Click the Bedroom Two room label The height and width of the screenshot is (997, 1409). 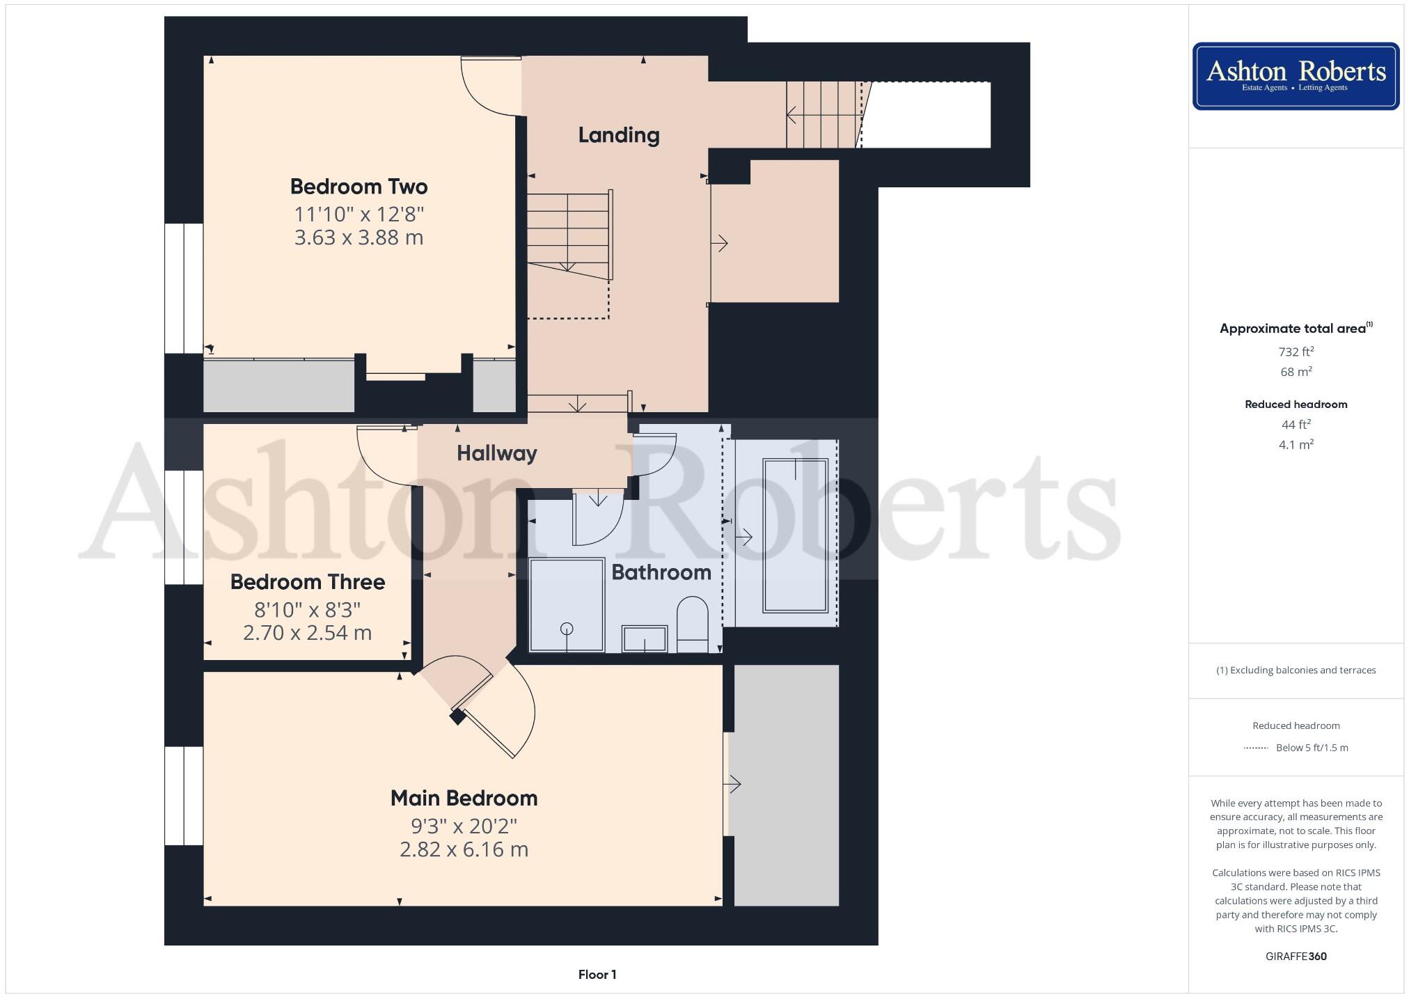(x=359, y=187)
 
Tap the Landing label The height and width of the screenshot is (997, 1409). (x=618, y=135)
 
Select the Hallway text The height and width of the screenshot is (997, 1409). (x=496, y=453)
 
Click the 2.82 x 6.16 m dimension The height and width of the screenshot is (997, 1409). (x=464, y=849)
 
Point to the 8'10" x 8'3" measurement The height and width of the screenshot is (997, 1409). (x=307, y=610)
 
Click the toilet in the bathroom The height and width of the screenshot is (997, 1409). (x=692, y=622)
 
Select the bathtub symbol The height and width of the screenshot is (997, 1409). (x=795, y=535)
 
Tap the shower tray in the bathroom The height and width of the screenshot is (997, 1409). (x=566, y=604)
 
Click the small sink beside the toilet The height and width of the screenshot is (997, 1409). (x=645, y=638)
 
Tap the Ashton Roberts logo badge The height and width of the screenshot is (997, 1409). (x=1296, y=76)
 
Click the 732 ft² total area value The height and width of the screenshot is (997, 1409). (x=1296, y=352)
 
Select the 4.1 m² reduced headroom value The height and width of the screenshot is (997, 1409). (x=1296, y=444)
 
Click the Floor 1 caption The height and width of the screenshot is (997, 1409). (x=597, y=974)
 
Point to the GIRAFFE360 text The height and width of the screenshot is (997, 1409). (x=1296, y=956)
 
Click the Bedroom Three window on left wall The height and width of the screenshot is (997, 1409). (x=183, y=527)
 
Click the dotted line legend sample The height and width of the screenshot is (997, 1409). (x=1255, y=748)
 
